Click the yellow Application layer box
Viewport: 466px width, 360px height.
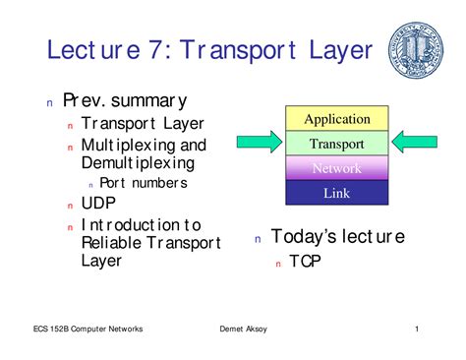(336, 119)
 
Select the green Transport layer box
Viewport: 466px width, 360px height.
(336, 144)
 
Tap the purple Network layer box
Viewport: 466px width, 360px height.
(336, 168)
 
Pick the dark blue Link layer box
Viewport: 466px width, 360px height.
(336, 193)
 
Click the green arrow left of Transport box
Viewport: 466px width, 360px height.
(259, 144)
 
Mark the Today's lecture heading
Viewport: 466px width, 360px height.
(337, 237)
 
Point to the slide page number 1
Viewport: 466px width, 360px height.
(417, 329)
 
